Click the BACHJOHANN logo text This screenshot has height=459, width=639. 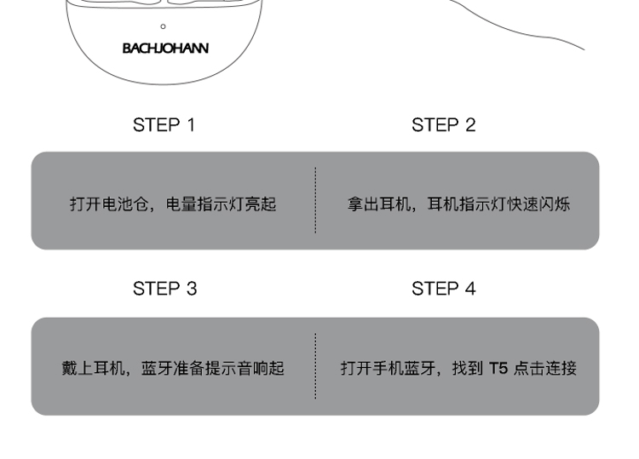point(165,49)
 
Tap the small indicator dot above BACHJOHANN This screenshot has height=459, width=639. point(164,26)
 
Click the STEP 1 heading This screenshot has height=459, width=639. point(164,125)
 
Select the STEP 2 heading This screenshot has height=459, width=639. point(443,125)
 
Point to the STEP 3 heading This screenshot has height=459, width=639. point(164,289)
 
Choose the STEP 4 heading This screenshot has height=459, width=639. point(443,289)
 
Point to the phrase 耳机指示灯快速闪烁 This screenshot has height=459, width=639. point(498,204)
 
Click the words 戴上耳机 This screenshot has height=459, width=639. point(94,369)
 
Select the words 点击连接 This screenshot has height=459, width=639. point(545,369)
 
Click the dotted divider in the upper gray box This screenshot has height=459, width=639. point(315,200)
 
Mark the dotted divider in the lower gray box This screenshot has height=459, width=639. point(315,366)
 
